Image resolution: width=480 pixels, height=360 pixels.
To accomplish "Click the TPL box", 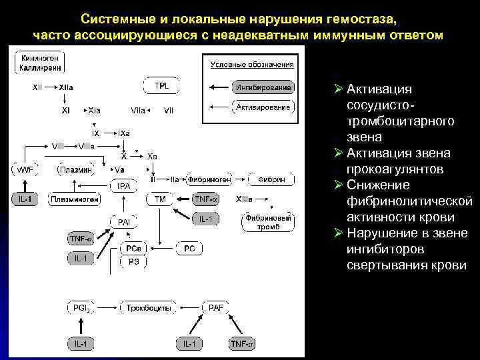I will [x=162, y=87].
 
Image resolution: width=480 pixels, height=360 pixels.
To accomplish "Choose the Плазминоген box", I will [x=74, y=199].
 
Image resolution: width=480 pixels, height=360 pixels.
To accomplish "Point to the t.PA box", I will [x=123, y=185].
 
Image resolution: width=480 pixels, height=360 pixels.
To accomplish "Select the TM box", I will [x=161, y=199].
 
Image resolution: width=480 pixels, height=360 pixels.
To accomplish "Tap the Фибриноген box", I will [x=209, y=179].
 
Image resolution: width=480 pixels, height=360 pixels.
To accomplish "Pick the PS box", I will [x=134, y=263].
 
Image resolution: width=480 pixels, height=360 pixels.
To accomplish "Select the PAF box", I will [x=216, y=309].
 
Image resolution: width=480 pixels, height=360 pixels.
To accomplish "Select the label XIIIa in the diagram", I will [x=245, y=199].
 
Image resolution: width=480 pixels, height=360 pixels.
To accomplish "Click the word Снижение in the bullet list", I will [x=377, y=185].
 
